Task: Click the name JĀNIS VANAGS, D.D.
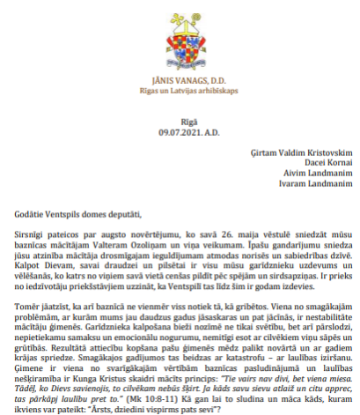pyautogui.click(x=180, y=80)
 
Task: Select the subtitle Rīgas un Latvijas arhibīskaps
pyautogui.click(x=180, y=91)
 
